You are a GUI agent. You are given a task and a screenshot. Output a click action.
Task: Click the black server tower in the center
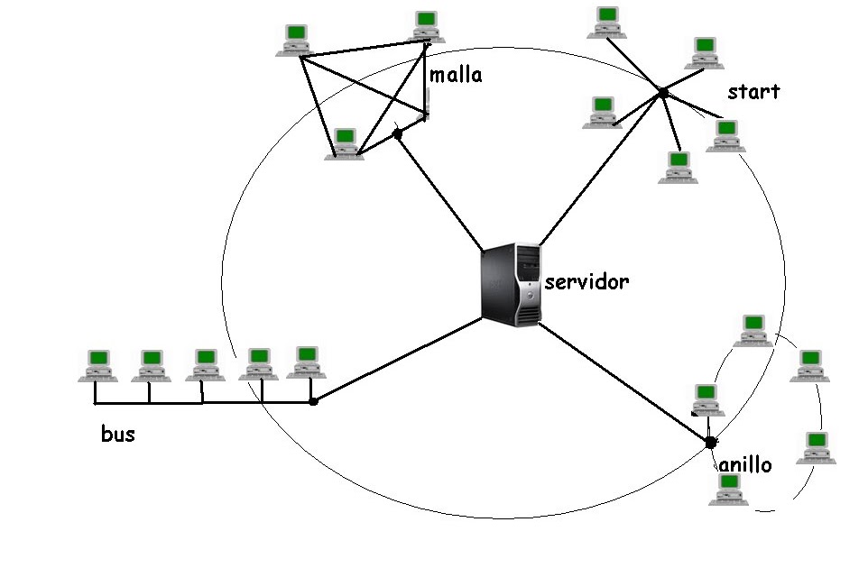[x=511, y=284]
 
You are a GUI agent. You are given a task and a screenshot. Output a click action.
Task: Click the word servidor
[x=586, y=282]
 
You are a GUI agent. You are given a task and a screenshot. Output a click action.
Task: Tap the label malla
[x=455, y=75]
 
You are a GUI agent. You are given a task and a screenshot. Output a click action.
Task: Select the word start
[x=753, y=92]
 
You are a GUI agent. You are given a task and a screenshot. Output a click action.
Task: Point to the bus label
[x=118, y=435]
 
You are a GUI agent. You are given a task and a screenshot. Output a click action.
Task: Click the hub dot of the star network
[x=663, y=93]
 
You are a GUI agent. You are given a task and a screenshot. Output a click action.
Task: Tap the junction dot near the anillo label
[x=710, y=442]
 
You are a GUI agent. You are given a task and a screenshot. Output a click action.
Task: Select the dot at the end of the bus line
[x=313, y=400]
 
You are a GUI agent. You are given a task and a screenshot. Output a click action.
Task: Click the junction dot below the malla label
[x=397, y=134]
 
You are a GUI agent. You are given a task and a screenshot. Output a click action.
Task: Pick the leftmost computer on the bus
[x=97, y=364]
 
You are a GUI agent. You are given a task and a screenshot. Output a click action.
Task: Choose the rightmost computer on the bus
[x=306, y=362]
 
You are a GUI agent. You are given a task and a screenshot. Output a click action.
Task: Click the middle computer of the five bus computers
[x=205, y=364]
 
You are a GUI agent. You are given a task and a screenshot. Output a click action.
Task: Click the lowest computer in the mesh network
[x=344, y=143]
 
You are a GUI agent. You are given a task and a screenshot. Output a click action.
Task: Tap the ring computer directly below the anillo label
[x=727, y=490]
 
